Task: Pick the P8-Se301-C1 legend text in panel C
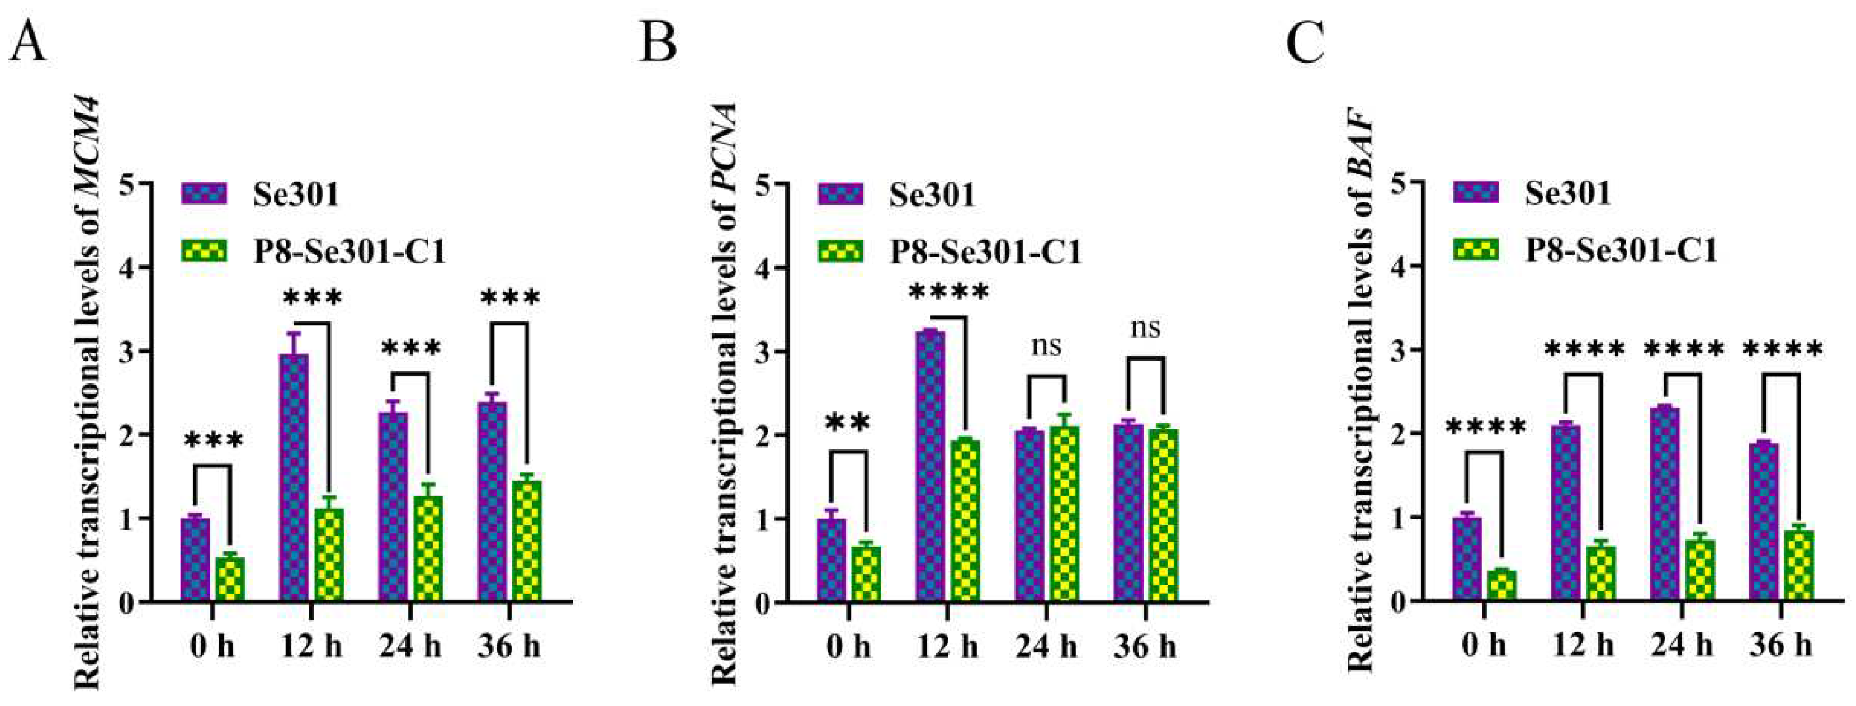click(x=1621, y=250)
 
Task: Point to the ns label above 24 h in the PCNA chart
click(x=1046, y=347)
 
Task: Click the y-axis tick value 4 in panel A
click(x=127, y=268)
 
